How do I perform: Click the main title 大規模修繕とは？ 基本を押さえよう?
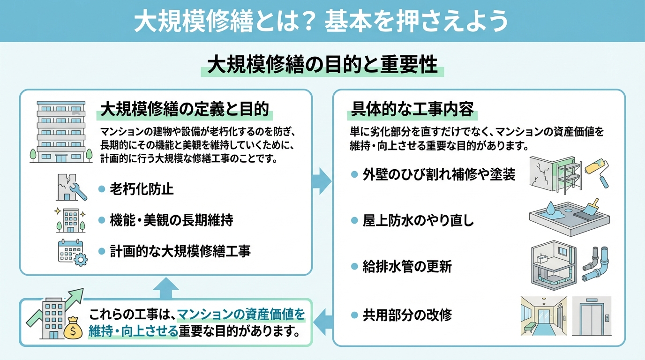(322, 21)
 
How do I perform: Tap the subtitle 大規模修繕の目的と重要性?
(322, 65)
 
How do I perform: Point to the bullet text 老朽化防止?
(142, 189)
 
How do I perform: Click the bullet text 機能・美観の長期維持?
(171, 220)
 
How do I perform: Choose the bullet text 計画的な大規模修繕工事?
(180, 251)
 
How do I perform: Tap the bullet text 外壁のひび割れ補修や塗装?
(439, 175)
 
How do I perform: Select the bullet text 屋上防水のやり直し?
(418, 221)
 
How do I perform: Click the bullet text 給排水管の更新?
(407, 267)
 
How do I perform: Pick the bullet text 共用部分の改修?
(407, 315)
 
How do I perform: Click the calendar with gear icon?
(71, 253)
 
